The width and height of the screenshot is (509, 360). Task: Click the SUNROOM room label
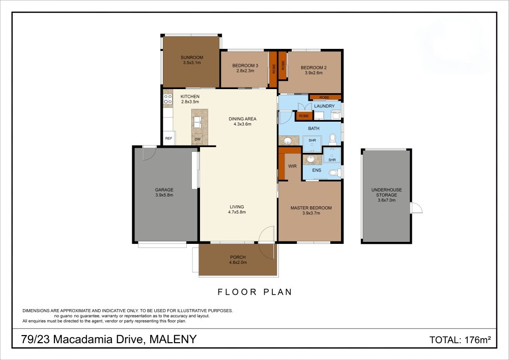tap(192, 58)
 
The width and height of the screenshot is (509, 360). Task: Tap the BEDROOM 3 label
tap(245, 66)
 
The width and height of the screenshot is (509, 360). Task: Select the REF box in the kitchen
tap(168, 138)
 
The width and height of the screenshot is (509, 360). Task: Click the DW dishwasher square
tap(197, 139)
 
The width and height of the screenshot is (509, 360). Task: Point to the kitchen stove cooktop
tap(168, 99)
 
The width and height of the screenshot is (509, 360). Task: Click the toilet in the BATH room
tap(332, 139)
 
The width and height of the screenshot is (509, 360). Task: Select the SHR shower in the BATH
tap(312, 144)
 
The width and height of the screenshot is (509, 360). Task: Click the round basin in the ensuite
tap(310, 159)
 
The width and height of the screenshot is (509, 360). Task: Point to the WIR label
tap(292, 166)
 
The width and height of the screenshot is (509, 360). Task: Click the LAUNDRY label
tap(324, 106)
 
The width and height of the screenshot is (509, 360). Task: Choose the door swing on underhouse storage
tap(416, 208)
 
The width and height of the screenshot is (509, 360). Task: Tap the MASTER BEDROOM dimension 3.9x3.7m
tap(312, 213)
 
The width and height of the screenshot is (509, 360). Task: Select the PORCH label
tap(238, 257)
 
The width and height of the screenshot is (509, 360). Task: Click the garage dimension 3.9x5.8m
tap(164, 195)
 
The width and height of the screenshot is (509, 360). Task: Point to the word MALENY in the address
tap(173, 339)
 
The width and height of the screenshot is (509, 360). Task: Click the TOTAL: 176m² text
tap(460, 340)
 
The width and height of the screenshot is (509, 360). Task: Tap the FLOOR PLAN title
tap(255, 292)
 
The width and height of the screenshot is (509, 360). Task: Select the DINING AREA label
tap(242, 119)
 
